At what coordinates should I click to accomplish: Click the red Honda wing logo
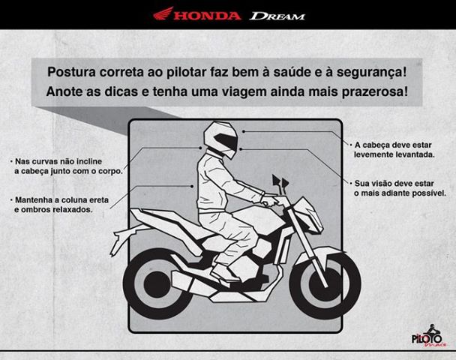(163, 13)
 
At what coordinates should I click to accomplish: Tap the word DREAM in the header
(277, 16)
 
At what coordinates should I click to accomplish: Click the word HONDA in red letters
(207, 16)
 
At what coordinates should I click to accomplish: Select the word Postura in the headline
(71, 72)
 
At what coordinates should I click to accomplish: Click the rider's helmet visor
(226, 142)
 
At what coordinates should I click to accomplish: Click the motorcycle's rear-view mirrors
(280, 181)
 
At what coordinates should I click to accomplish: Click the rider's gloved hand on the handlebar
(269, 200)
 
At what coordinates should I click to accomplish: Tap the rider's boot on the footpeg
(226, 274)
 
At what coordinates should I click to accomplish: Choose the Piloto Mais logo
(429, 336)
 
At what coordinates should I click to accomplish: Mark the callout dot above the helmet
(244, 131)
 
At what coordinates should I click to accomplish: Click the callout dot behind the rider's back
(193, 186)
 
